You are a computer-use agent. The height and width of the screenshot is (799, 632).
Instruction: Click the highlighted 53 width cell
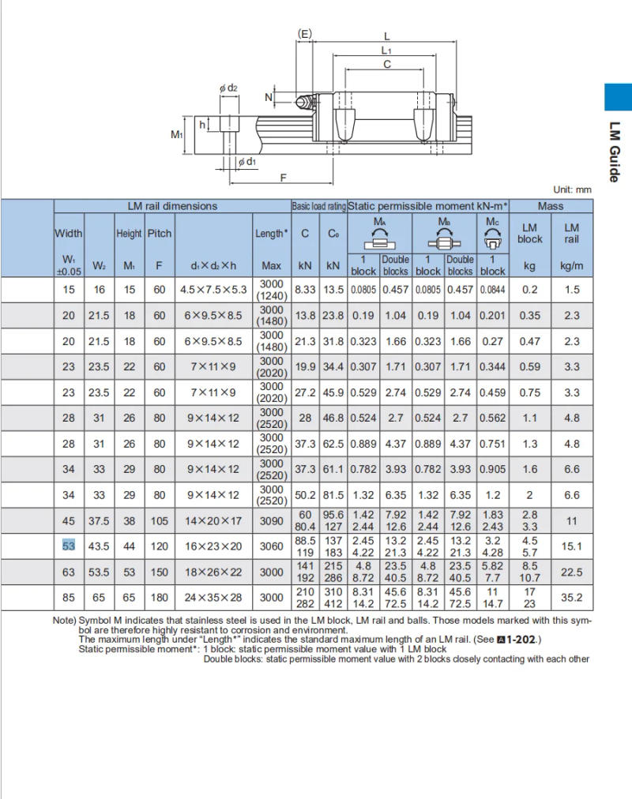69,546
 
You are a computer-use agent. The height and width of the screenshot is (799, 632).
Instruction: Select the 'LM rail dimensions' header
172,206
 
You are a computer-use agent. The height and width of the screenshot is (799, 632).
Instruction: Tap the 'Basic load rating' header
318,206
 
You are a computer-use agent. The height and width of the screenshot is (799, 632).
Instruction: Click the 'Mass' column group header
551,206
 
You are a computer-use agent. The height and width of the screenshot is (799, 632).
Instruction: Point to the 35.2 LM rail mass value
571,598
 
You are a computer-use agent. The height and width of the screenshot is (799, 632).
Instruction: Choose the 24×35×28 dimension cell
213,598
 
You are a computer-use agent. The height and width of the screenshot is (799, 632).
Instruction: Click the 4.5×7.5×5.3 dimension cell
213,290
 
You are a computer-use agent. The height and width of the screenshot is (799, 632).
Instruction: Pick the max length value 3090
271,521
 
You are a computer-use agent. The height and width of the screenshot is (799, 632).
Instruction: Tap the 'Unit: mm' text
572,189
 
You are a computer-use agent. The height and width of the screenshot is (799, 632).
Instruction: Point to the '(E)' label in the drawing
304,33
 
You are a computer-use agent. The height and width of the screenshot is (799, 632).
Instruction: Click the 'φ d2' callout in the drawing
228,88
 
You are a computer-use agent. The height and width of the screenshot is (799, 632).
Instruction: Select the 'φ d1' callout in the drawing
246,162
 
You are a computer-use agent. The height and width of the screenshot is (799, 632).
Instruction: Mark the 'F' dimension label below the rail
283,178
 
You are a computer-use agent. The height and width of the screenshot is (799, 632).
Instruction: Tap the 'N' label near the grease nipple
269,97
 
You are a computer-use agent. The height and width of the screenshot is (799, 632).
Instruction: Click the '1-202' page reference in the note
522,640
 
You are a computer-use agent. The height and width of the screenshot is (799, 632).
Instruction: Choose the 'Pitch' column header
159,234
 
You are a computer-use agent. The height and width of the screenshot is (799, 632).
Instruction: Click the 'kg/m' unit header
571,267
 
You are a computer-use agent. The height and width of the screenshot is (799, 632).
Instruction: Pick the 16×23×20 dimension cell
213,546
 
